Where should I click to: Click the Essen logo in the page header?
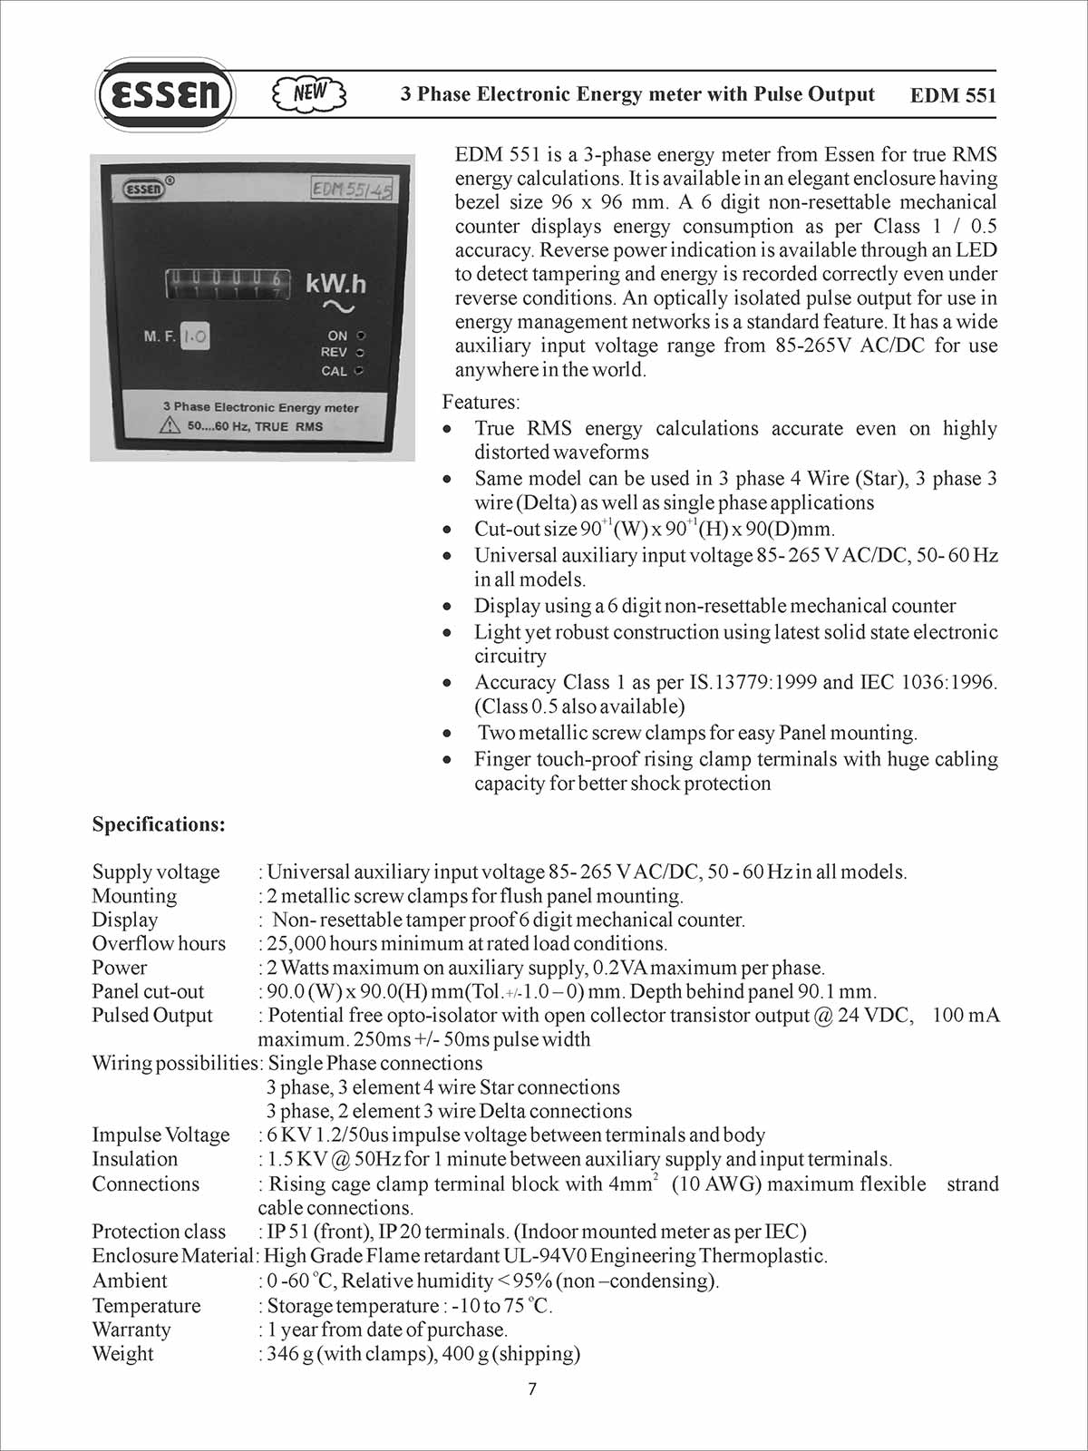click(164, 94)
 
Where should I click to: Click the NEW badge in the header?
click(309, 93)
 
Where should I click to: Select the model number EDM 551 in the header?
click(952, 96)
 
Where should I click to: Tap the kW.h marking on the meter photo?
click(335, 284)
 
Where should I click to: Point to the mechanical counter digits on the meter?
click(228, 283)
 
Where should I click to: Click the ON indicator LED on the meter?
click(361, 336)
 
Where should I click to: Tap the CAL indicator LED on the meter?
click(360, 371)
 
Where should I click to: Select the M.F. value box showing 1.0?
click(195, 336)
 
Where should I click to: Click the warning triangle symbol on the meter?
click(170, 425)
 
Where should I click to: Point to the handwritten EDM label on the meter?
click(352, 189)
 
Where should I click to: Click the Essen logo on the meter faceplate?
click(144, 189)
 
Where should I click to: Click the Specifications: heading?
click(159, 824)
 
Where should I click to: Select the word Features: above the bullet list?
click(481, 402)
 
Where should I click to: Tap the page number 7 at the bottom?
click(532, 1388)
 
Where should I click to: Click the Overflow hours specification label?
click(159, 943)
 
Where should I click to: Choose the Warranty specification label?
click(131, 1329)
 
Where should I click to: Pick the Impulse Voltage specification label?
click(160, 1135)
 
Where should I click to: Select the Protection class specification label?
click(159, 1232)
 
